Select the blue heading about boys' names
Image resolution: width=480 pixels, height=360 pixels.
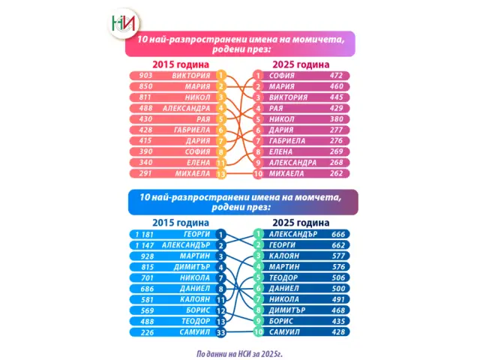[x=238, y=202]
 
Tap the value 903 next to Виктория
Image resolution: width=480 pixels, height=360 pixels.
[x=145, y=75]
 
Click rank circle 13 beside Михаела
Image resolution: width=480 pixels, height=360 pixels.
[x=221, y=173]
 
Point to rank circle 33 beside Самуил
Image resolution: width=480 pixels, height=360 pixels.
[x=221, y=331]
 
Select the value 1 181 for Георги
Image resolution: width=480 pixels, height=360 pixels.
[x=144, y=234]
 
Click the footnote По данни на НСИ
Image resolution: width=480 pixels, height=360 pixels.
[x=238, y=350]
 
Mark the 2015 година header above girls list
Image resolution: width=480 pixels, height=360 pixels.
[x=180, y=64]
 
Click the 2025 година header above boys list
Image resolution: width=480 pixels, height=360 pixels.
[x=300, y=223]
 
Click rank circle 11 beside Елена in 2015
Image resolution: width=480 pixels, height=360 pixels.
[x=221, y=163]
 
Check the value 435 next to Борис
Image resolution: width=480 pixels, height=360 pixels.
[x=337, y=320]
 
